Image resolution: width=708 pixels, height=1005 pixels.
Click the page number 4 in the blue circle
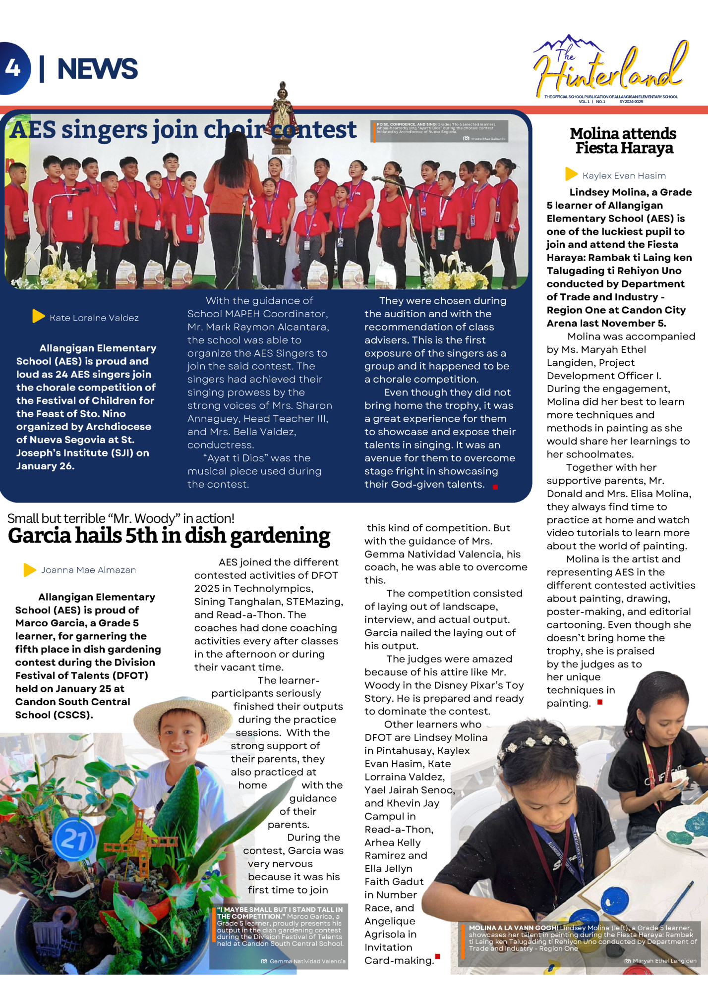[x=13, y=68]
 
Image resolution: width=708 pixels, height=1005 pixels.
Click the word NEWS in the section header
[x=97, y=68]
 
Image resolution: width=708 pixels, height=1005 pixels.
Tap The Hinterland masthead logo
[x=611, y=69]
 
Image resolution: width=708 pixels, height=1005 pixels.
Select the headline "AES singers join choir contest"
[x=182, y=130]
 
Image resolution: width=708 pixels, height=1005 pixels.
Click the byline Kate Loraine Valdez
[x=94, y=318]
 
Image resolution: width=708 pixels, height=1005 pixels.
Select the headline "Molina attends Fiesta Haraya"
[x=623, y=141]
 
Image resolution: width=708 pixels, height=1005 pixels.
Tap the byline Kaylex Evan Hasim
[x=624, y=175]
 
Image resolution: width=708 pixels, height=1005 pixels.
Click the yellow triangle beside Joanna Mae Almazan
[x=29, y=570]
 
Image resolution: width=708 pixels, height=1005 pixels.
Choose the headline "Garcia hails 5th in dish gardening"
[x=169, y=536]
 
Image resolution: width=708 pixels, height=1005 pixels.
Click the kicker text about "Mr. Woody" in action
[x=120, y=518]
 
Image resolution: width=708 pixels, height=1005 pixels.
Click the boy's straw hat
[x=183, y=713]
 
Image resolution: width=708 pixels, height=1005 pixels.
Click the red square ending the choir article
[x=495, y=487]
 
